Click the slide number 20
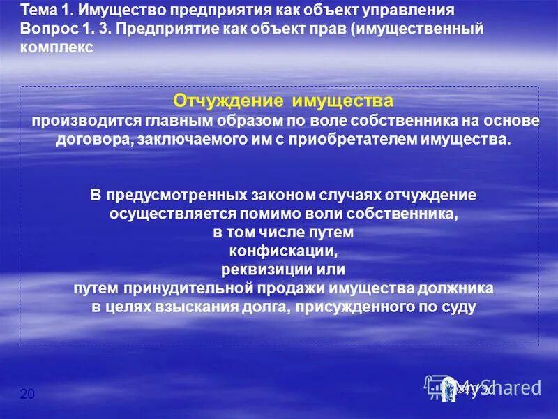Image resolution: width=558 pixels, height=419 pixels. point(27,395)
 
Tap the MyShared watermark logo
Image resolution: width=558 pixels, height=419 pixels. point(483,386)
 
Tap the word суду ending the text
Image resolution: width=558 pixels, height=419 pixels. point(458,306)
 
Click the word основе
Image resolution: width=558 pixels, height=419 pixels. point(514,121)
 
